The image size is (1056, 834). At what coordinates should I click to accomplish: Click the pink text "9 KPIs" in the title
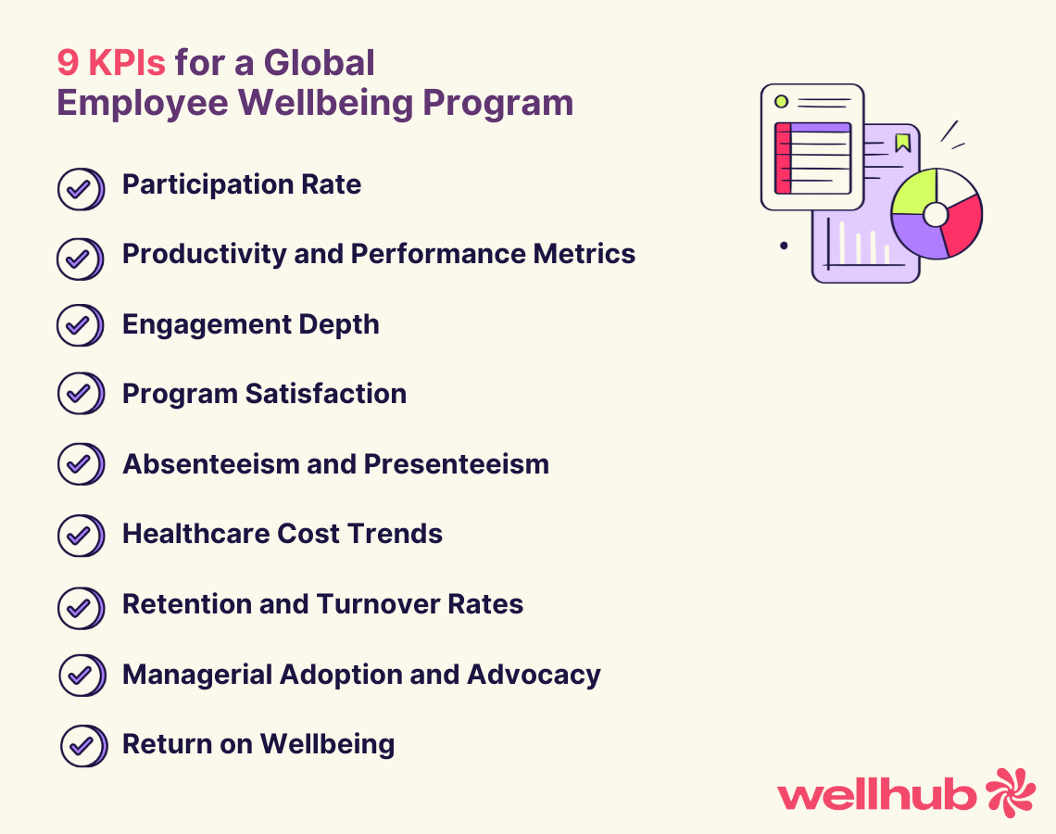111,63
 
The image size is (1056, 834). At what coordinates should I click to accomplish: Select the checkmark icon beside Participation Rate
80,189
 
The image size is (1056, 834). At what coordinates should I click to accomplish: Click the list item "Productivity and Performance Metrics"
378,254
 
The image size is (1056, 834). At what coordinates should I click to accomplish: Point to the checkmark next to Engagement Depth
80,325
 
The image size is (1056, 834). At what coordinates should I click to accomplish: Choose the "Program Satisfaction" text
264,394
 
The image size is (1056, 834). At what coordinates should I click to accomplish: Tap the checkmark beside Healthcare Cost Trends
80,535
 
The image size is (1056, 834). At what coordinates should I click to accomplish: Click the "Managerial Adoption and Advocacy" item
361,675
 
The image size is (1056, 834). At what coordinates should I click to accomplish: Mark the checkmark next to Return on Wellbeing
82,745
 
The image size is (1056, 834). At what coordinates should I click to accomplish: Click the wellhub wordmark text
876,795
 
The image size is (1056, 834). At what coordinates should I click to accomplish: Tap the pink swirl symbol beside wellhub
1010,792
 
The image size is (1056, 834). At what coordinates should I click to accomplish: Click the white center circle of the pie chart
936,214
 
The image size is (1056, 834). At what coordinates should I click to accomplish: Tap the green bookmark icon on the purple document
902,142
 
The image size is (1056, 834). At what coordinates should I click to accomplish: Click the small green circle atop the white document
781,101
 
